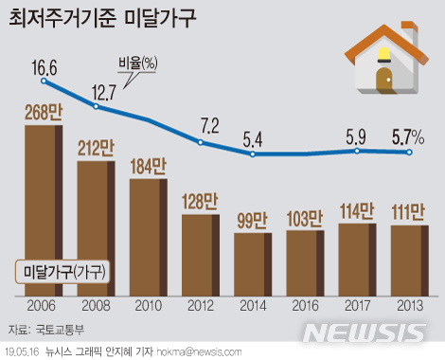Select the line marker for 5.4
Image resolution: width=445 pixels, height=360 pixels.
pyautogui.click(x=253, y=153)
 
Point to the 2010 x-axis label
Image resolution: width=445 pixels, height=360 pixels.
pyautogui.click(x=148, y=308)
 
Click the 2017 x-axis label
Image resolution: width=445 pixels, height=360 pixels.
pyautogui.click(x=357, y=308)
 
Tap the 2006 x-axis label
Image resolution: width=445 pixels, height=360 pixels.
pyautogui.click(x=43, y=308)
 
